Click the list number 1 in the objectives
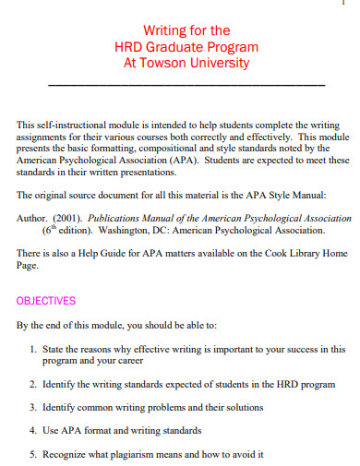(32, 350)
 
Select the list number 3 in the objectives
(32, 407)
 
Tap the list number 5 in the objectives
(32, 454)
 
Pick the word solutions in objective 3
(243, 407)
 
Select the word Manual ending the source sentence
(308, 196)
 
